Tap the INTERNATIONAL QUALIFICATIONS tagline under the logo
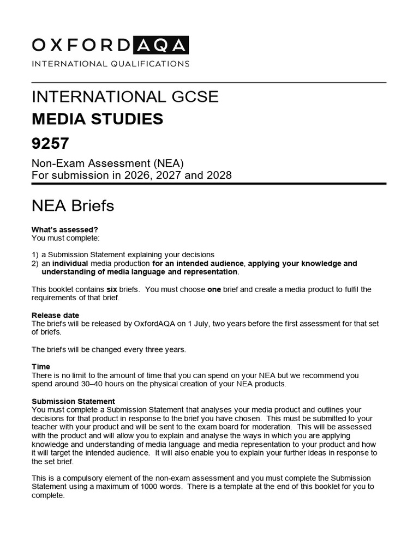111,64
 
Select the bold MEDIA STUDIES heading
98,119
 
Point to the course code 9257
51,144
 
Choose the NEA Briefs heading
73,206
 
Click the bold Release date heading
55,315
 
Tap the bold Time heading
41,367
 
